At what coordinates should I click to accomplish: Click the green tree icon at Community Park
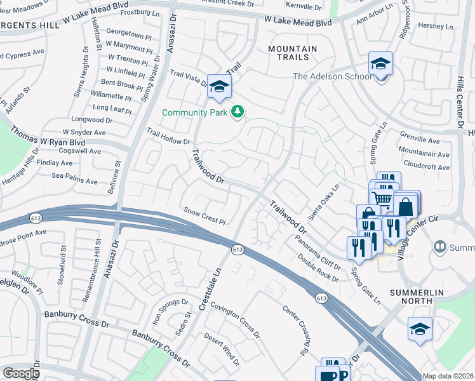pyautogui.click(x=237, y=112)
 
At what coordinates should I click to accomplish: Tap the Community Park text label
pyautogui.click(x=194, y=112)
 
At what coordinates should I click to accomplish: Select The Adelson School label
pyautogui.click(x=332, y=77)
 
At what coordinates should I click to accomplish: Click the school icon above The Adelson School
pyautogui.click(x=380, y=64)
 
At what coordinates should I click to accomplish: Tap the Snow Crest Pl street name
pyautogui.click(x=204, y=215)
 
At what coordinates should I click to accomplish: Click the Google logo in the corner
pyautogui.click(x=20, y=373)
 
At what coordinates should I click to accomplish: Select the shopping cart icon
pyautogui.click(x=381, y=199)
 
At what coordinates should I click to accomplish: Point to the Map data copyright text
pyautogui.click(x=447, y=376)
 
